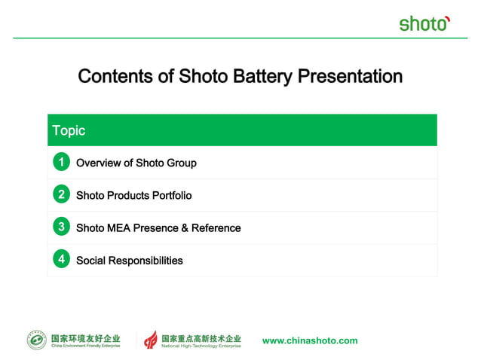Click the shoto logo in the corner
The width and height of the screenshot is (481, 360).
(424, 23)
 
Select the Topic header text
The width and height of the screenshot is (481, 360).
(69, 130)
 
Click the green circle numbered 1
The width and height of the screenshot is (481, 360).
(61, 162)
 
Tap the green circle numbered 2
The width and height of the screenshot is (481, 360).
(61, 194)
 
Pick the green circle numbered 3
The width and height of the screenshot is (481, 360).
(61, 227)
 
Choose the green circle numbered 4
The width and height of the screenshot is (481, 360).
(61, 260)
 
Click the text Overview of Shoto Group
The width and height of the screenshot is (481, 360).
(136, 163)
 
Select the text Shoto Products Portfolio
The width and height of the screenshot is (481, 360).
(134, 195)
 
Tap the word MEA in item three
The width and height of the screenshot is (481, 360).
(118, 227)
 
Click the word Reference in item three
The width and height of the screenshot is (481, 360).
(216, 227)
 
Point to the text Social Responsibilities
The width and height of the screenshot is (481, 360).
(130, 261)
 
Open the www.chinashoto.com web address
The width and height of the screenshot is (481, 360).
(310, 340)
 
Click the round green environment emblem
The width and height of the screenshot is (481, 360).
(37, 340)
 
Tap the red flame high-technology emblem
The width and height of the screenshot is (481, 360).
(152, 340)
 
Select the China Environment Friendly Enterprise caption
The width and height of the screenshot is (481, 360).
(85, 346)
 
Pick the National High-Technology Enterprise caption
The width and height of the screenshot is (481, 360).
(202, 346)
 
